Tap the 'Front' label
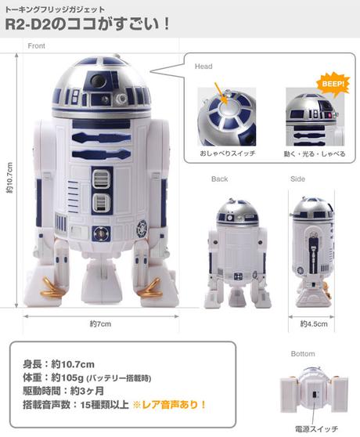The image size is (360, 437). (36, 46)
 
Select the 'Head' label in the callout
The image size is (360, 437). (203, 67)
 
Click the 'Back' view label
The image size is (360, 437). (220, 179)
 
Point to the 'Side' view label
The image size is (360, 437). (297, 179)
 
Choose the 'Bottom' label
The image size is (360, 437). (303, 354)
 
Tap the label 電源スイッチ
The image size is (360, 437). (311, 430)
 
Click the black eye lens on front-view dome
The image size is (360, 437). (95, 80)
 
